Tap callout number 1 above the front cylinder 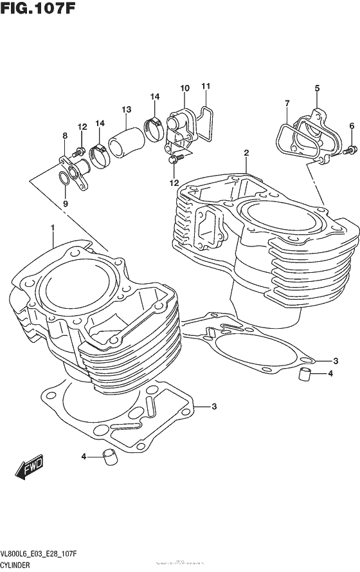pos(53,228)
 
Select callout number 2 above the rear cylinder pos(246,153)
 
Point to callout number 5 pos(317,88)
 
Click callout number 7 pos(287,103)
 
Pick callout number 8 pos(64,136)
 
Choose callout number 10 pos(184,88)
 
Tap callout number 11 pos(206,86)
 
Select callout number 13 pos(126,109)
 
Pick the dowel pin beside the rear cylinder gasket pos(306,373)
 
